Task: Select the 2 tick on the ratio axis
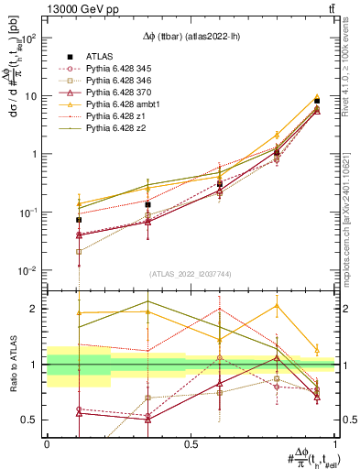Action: tap(38, 309)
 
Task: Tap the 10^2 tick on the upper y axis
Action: tap(30, 38)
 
